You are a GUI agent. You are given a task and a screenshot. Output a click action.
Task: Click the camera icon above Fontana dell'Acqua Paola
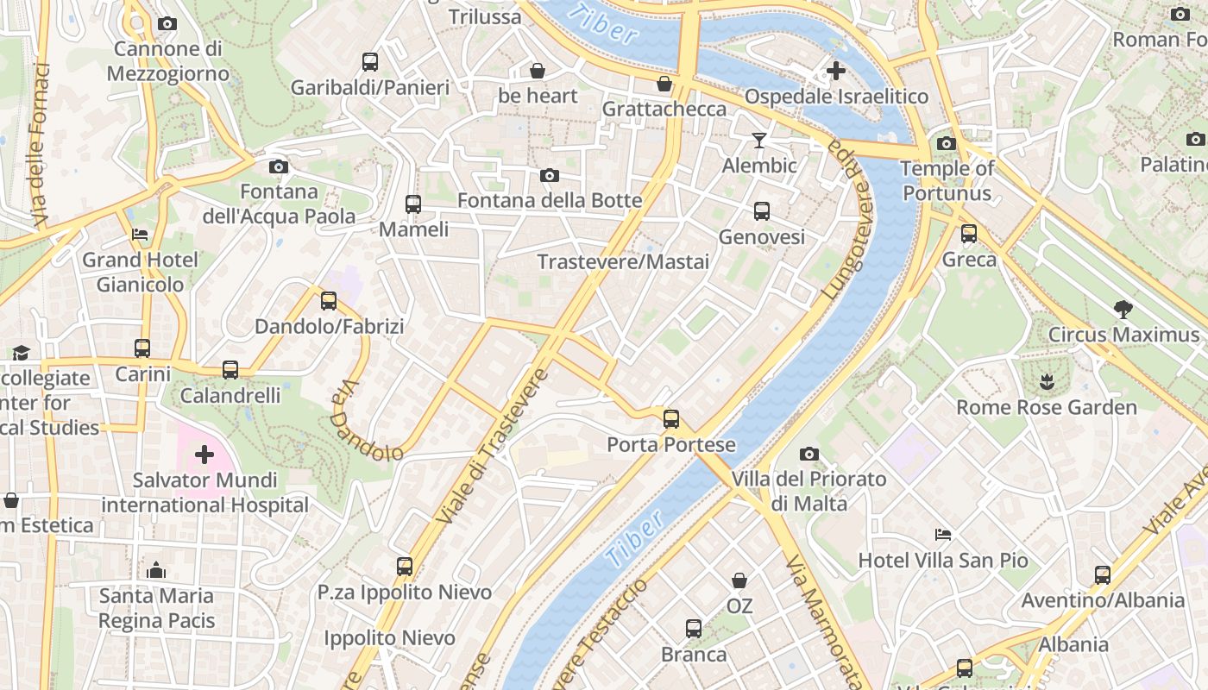pyautogui.click(x=278, y=166)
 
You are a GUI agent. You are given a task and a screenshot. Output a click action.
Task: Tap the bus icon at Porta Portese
pyautogui.click(x=670, y=419)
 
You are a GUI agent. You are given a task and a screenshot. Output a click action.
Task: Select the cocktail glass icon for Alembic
pyautogui.click(x=759, y=140)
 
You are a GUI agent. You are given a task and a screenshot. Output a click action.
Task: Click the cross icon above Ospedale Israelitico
pyautogui.click(x=835, y=71)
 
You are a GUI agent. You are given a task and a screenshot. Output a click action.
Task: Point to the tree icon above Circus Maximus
pyautogui.click(x=1123, y=309)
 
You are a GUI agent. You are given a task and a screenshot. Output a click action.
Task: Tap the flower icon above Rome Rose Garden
pyautogui.click(x=1046, y=381)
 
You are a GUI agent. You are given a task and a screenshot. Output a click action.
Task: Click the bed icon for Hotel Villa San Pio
pyautogui.click(x=943, y=536)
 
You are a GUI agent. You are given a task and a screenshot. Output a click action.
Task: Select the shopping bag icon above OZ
pyautogui.click(x=739, y=580)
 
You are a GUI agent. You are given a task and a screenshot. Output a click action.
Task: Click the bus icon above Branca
pyautogui.click(x=694, y=629)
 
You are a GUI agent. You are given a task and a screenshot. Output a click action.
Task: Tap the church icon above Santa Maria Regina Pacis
pyautogui.click(x=156, y=570)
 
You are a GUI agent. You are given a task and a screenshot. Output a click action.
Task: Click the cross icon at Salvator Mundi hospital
pyautogui.click(x=204, y=455)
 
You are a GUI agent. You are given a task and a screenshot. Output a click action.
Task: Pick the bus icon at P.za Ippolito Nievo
pyautogui.click(x=405, y=567)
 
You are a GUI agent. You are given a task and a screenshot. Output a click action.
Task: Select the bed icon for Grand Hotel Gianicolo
pyautogui.click(x=140, y=234)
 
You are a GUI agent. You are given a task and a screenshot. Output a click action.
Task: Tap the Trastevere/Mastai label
pyautogui.click(x=623, y=261)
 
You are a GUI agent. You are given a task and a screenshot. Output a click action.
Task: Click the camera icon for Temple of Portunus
pyautogui.click(x=947, y=143)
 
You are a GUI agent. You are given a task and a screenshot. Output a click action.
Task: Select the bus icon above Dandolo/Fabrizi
pyautogui.click(x=329, y=301)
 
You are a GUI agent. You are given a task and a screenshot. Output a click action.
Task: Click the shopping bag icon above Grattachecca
pyautogui.click(x=664, y=84)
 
